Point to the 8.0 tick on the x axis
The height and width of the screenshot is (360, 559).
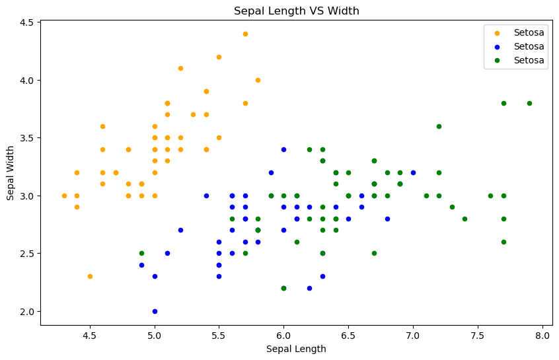pyautogui.click(x=542, y=335)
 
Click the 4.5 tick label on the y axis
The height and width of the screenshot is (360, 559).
pyautogui.click(x=27, y=22)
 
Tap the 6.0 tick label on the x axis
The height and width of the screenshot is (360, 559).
pyautogui.click(x=283, y=335)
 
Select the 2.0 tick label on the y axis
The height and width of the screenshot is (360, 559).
pyautogui.click(x=27, y=311)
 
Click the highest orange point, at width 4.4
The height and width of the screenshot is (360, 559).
pyautogui.click(x=245, y=34)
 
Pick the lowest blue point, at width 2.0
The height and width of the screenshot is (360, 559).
pyautogui.click(x=155, y=311)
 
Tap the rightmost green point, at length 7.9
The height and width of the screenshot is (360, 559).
pyautogui.click(x=529, y=103)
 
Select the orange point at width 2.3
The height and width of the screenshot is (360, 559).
pyautogui.click(x=90, y=276)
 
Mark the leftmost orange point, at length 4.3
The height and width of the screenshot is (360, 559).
pyautogui.click(x=64, y=196)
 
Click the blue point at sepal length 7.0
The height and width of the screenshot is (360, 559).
pyautogui.click(x=413, y=172)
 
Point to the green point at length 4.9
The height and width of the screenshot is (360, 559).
pyautogui.click(x=141, y=253)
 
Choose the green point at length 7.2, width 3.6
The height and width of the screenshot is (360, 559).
pyautogui.click(x=439, y=126)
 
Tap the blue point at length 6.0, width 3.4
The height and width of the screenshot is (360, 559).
pyautogui.click(x=283, y=149)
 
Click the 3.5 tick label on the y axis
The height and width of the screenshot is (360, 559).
pyautogui.click(x=27, y=138)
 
